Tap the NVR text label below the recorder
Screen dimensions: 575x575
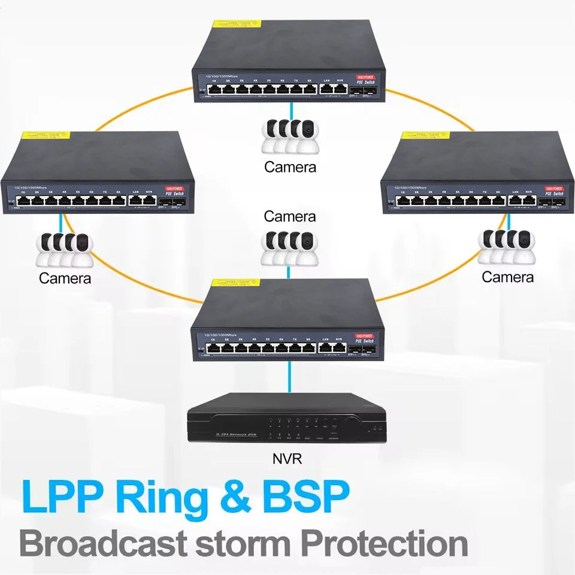(x=287, y=460)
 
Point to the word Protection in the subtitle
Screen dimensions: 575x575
(x=383, y=543)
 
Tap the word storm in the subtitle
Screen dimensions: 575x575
(x=243, y=543)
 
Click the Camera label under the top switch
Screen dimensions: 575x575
(x=290, y=167)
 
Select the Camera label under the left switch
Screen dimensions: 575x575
(x=65, y=278)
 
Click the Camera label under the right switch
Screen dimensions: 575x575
(x=507, y=277)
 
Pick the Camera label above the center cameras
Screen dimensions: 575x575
(x=289, y=216)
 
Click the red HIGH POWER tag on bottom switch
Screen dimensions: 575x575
(x=365, y=336)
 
